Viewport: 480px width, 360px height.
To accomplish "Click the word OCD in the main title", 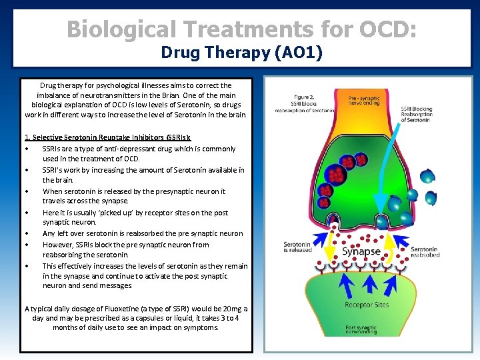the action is pos(383,30).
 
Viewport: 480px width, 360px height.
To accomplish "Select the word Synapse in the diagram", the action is pos(361,252).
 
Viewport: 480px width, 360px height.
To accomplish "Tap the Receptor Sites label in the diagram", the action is pos(367,305).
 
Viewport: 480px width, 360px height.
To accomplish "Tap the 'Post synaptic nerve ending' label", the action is pos(361,329).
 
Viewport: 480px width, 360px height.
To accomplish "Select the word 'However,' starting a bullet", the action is pos(58,244).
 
